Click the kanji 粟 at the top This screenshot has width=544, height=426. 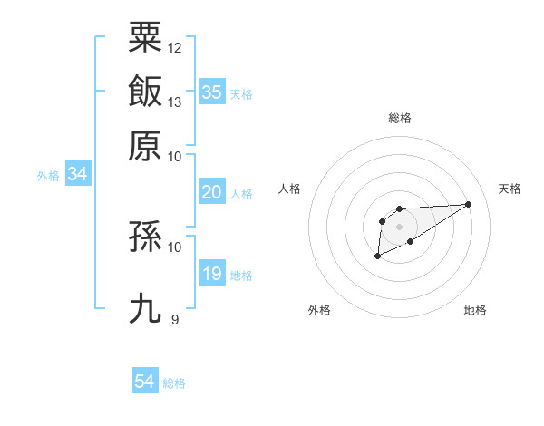click(x=145, y=38)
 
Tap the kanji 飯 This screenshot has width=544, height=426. click(x=145, y=92)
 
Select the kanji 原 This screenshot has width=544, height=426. click(x=145, y=145)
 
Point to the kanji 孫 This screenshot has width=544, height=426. click(x=145, y=237)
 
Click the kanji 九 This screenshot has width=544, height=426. click(x=145, y=308)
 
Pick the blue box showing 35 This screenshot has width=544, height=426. click(x=211, y=92)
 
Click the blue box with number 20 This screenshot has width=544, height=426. click(x=211, y=192)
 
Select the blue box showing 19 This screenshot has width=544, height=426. click(x=211, y=274)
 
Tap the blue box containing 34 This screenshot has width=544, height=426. click(x=77, y=174)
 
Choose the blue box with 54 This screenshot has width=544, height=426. click(x=145, y=382)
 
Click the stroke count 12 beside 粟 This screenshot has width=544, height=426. click(x=175, y=47)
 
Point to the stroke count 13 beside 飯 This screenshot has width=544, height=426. click(x=175, y=102)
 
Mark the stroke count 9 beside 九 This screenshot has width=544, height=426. click(x=175, y=318)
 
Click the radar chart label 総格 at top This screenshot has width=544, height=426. click(x=400, y=118)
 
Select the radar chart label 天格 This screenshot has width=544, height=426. click(x=510, y=189)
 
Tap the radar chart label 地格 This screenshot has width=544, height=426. click(x=475, y=310)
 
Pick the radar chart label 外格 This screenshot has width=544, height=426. click(x=320, y=310)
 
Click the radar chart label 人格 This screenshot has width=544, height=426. click(x=290, y=189)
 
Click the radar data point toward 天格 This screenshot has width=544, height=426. click(x=469, y=204)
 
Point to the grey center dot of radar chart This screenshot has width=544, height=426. click(x=400, y=227)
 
